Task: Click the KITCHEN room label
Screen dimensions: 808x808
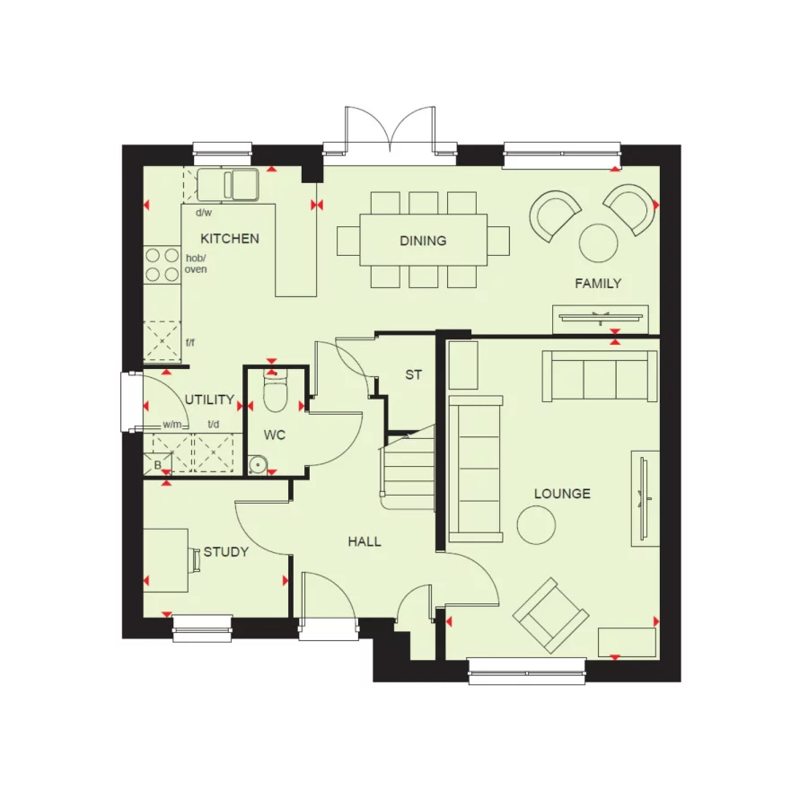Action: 230,239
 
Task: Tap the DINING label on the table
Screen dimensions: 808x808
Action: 423,241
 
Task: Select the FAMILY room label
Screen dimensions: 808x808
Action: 598,284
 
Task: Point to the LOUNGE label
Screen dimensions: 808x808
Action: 562,494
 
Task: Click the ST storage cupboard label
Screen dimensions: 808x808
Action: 413,375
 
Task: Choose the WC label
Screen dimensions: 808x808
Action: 275,435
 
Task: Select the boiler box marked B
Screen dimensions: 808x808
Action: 157,464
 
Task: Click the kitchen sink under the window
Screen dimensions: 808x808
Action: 230,184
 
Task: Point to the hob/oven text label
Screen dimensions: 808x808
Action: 196,263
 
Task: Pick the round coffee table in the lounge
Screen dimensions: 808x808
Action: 537,523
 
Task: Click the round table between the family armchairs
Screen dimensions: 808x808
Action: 598,241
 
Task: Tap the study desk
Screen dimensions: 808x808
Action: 167,559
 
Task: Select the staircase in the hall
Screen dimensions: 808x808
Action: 409,467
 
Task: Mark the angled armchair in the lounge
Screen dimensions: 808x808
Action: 550,616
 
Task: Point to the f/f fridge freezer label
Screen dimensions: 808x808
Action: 190,342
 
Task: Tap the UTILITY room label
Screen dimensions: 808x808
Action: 209,400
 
